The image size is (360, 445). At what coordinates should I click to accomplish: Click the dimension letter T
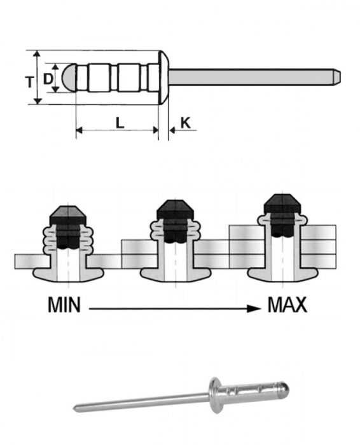click(x=29, y=81)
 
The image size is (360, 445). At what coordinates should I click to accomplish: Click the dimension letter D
click(x=48, y=78)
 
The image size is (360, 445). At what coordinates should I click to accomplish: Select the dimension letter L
click(x=119, y=123)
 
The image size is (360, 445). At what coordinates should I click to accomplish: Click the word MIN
click(x=64, y=305)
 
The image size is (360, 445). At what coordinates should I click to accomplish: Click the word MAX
click(x=287, y=305)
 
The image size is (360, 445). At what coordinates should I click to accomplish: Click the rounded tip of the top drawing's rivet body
click(x=69, y=78)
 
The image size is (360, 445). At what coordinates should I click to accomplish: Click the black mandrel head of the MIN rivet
click(x=66, y=215)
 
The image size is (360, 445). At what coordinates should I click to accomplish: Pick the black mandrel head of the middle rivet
click(x=172, y=209)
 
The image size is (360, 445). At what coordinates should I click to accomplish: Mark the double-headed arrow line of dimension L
click(x=117, y=130)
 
